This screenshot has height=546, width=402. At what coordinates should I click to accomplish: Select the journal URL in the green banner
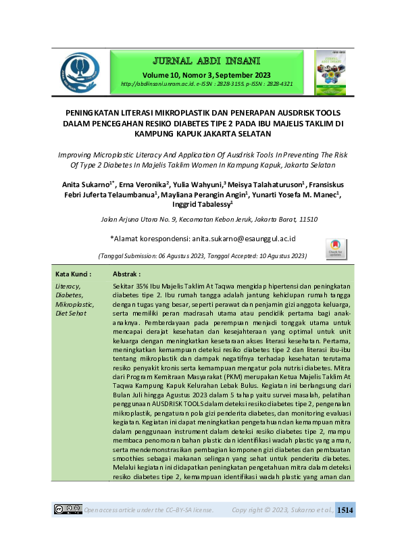coord(206,84)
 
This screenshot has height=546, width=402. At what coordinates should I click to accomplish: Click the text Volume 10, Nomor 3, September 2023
coord(206,74)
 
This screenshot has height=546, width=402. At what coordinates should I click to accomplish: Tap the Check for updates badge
coord(336,247)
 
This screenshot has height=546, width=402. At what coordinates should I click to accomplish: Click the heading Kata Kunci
coord(73,275)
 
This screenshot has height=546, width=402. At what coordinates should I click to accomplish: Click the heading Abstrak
coord(126,275)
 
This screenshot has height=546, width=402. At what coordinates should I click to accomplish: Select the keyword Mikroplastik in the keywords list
coord(75,304)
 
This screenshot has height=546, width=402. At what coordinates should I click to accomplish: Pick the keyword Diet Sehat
coord(71,314)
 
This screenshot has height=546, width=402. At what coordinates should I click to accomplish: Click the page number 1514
coord(345,510)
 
